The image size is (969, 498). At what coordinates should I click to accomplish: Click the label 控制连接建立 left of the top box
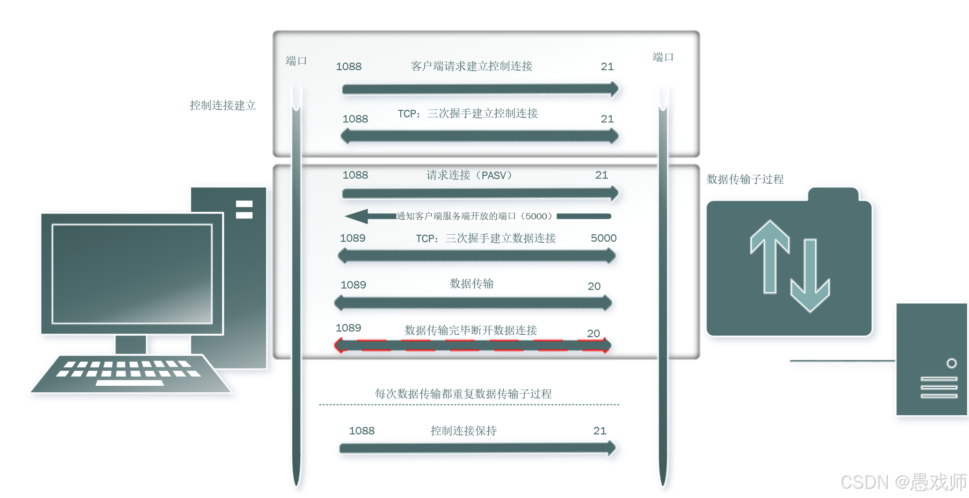pos(223,105)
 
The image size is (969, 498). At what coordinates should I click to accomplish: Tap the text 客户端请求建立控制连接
pos(471,66)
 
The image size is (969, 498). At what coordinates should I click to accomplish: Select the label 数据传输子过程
pos(745,179)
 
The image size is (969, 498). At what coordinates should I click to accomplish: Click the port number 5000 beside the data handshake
pos(603,238)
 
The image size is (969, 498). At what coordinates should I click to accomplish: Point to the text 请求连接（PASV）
pos(469,175)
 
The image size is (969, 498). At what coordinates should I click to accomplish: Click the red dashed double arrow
pos(472,346)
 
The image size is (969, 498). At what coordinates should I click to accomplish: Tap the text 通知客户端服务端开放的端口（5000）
pos(474,216)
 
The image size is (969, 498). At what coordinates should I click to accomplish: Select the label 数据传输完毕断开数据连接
pos(470,330)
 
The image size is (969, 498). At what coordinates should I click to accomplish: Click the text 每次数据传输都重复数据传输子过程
pos(463,394)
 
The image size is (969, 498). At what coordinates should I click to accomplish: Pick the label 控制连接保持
pos(463,431)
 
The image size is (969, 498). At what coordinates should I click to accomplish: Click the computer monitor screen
pos(132,274)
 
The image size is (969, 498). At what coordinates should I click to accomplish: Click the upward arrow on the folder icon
pos(770,255)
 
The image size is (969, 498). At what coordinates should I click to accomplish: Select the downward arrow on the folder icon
pos(810,276)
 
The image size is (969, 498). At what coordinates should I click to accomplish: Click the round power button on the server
pos(951,363)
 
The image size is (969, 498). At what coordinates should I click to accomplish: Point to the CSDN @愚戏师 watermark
pos(903,482)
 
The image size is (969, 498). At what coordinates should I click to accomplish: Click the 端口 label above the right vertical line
pos(663,58)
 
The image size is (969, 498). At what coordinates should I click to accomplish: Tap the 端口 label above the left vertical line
pos(296,61)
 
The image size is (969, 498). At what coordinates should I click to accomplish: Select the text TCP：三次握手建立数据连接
pos(486,238)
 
